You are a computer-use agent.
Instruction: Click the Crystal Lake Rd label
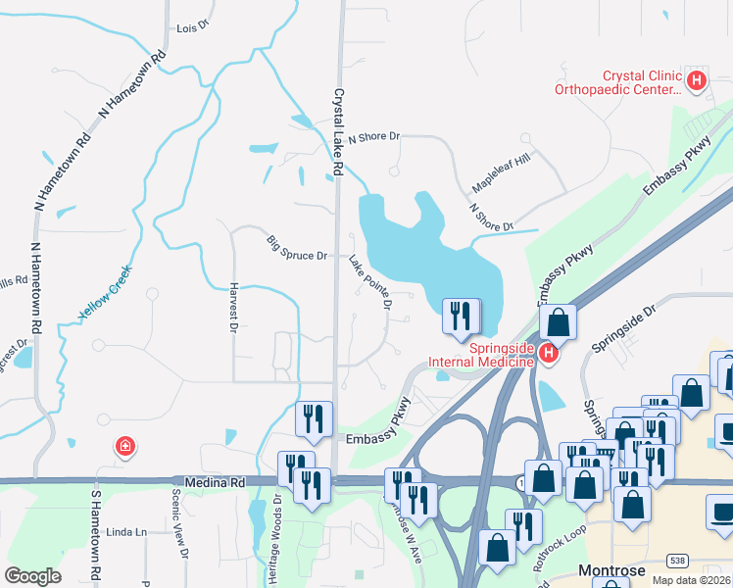(337, 133)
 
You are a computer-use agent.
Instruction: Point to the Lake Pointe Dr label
(370, 282)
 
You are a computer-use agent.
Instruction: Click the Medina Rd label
(213, 481)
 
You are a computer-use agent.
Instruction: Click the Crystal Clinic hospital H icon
(697, 80)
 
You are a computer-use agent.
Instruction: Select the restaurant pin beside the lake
(461, 316)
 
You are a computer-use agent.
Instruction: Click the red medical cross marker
(124, 447)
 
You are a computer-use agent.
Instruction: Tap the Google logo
(33, 576)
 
